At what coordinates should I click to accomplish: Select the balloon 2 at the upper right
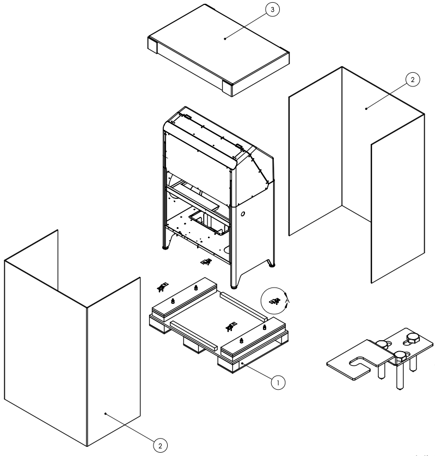point(412,79)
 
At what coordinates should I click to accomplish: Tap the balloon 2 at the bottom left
point(160,445)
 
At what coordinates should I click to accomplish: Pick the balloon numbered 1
point(278,382)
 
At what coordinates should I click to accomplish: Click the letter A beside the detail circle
point(287,299)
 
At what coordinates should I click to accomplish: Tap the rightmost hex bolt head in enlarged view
point(411,340)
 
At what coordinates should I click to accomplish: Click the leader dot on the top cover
point(225,38)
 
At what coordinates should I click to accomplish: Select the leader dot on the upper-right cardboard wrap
point(366,109)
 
